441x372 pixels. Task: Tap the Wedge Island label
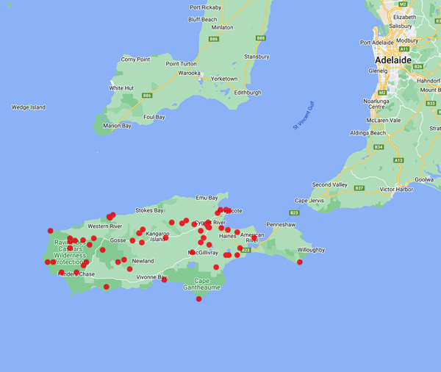point(28,107)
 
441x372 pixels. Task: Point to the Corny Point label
point(135,59)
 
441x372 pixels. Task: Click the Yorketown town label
point(224,79)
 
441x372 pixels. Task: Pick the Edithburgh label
point(246,93)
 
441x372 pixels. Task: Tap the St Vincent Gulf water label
point(304,116)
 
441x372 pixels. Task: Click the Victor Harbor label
point(398,189)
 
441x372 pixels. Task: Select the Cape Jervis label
point(309,200)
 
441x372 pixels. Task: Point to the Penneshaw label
point(281,224)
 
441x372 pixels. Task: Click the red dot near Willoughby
point(300,262)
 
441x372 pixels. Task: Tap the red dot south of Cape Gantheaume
point(198,298)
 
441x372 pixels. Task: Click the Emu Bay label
point(207,198)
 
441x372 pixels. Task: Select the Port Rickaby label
point(205,8)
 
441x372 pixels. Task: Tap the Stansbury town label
point(257,57)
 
